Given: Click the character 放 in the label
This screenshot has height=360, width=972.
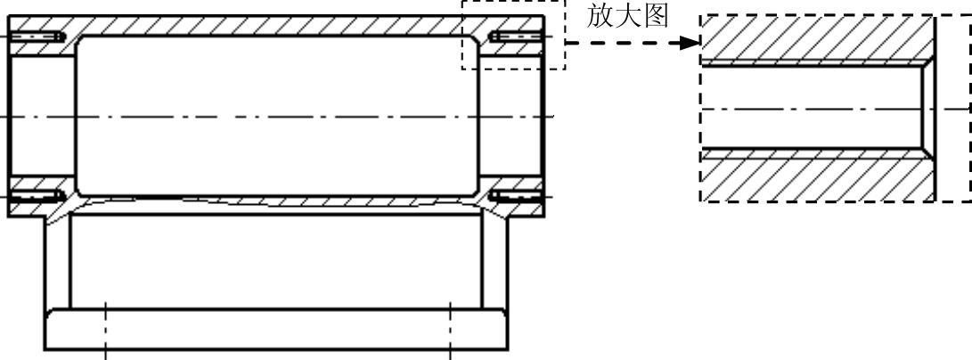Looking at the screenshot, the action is pos(600,17).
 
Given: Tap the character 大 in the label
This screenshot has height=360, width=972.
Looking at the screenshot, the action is pos(628,17).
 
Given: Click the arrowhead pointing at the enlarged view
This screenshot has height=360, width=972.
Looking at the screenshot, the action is pos(687,43).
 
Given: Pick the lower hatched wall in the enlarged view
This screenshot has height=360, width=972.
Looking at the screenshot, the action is pos(811,179).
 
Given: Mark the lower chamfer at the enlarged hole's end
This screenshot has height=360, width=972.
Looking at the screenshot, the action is pos(927,152).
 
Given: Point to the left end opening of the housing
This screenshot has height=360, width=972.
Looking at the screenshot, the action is pos(40,116).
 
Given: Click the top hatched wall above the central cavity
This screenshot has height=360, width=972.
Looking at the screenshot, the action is pos(276,25).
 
